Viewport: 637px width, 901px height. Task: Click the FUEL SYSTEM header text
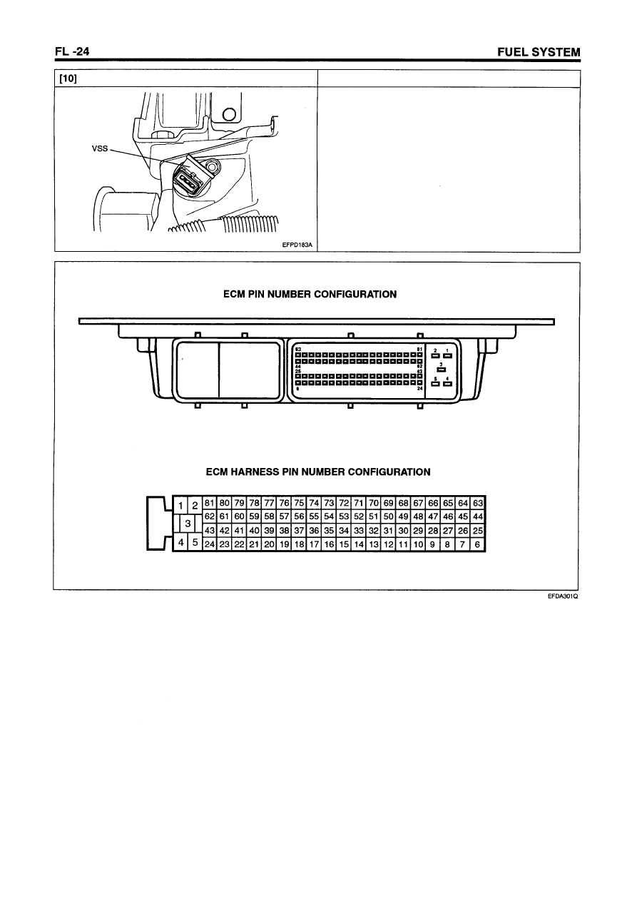[539, 52]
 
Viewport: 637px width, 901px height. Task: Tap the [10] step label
[68, 78]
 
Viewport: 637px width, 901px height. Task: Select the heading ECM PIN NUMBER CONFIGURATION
[310, 294]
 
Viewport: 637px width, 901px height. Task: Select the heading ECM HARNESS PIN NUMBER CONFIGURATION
[318, 472]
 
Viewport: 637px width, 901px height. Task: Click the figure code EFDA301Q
[561, 598]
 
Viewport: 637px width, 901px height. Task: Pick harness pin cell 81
[210, 503]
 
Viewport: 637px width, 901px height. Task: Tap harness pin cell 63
[479, 503]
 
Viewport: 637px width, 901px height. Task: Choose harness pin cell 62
[210, 516]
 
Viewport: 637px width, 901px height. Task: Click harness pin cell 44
[479, 516]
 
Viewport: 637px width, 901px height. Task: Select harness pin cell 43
[210, 530]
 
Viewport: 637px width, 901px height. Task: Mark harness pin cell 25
[479, 530]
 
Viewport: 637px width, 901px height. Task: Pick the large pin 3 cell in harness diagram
[188, 523]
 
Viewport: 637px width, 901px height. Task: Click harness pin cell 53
[345, 516]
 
